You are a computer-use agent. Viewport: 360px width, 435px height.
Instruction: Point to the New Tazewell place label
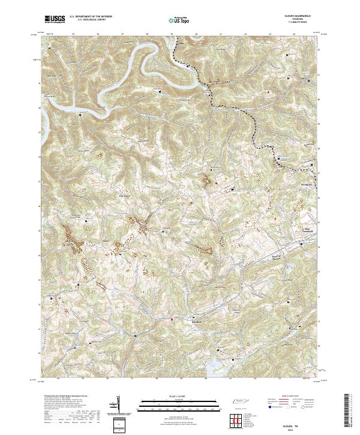click(295, 229)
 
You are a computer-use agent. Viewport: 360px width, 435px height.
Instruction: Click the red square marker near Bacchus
click(172, 319)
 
